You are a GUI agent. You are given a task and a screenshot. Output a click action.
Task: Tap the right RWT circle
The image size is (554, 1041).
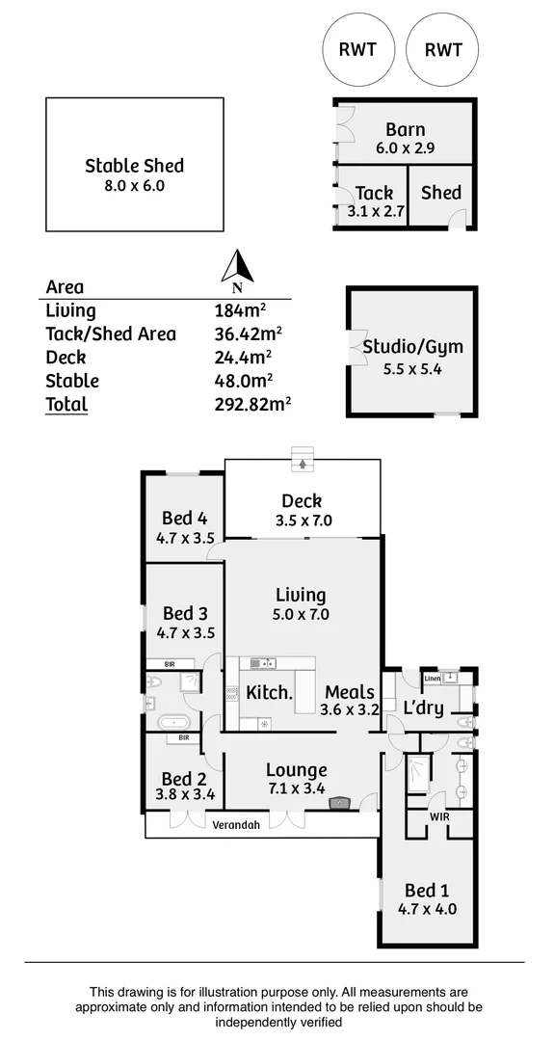442,50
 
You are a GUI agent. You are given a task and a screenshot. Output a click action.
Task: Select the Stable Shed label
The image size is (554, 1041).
134,166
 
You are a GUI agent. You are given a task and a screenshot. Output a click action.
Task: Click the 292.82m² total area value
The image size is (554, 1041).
252,405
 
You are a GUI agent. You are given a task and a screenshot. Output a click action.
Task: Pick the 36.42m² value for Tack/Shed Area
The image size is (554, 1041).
248,334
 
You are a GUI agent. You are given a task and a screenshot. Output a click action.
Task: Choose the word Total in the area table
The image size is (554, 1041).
66,405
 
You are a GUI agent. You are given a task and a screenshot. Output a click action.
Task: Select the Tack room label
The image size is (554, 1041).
374,194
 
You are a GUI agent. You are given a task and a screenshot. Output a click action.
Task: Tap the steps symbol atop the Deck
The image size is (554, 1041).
303,460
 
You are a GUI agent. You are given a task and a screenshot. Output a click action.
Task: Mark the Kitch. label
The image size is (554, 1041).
269,692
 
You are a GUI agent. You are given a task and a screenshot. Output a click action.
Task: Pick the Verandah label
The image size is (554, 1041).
237,825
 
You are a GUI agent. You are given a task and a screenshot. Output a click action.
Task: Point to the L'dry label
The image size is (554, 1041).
423,707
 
